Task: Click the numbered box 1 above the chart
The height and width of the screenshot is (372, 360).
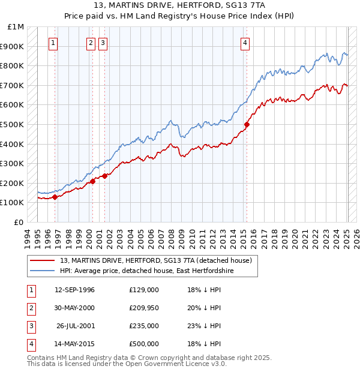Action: [54, 43]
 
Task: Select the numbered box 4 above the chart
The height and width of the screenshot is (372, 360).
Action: [246, 43]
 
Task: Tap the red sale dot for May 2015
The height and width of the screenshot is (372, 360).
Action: [247, 125]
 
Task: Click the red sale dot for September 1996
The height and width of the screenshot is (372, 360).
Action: [55, 197]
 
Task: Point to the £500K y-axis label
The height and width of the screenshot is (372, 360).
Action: [13, 125]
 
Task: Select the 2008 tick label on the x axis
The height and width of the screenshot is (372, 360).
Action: [172, 238]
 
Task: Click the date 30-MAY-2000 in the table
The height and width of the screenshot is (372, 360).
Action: [74, 308]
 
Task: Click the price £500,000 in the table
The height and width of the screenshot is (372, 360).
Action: [144, 344]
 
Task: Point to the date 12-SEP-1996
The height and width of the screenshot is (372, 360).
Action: [74, 290]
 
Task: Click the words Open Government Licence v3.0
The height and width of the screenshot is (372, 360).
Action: [179, 364]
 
